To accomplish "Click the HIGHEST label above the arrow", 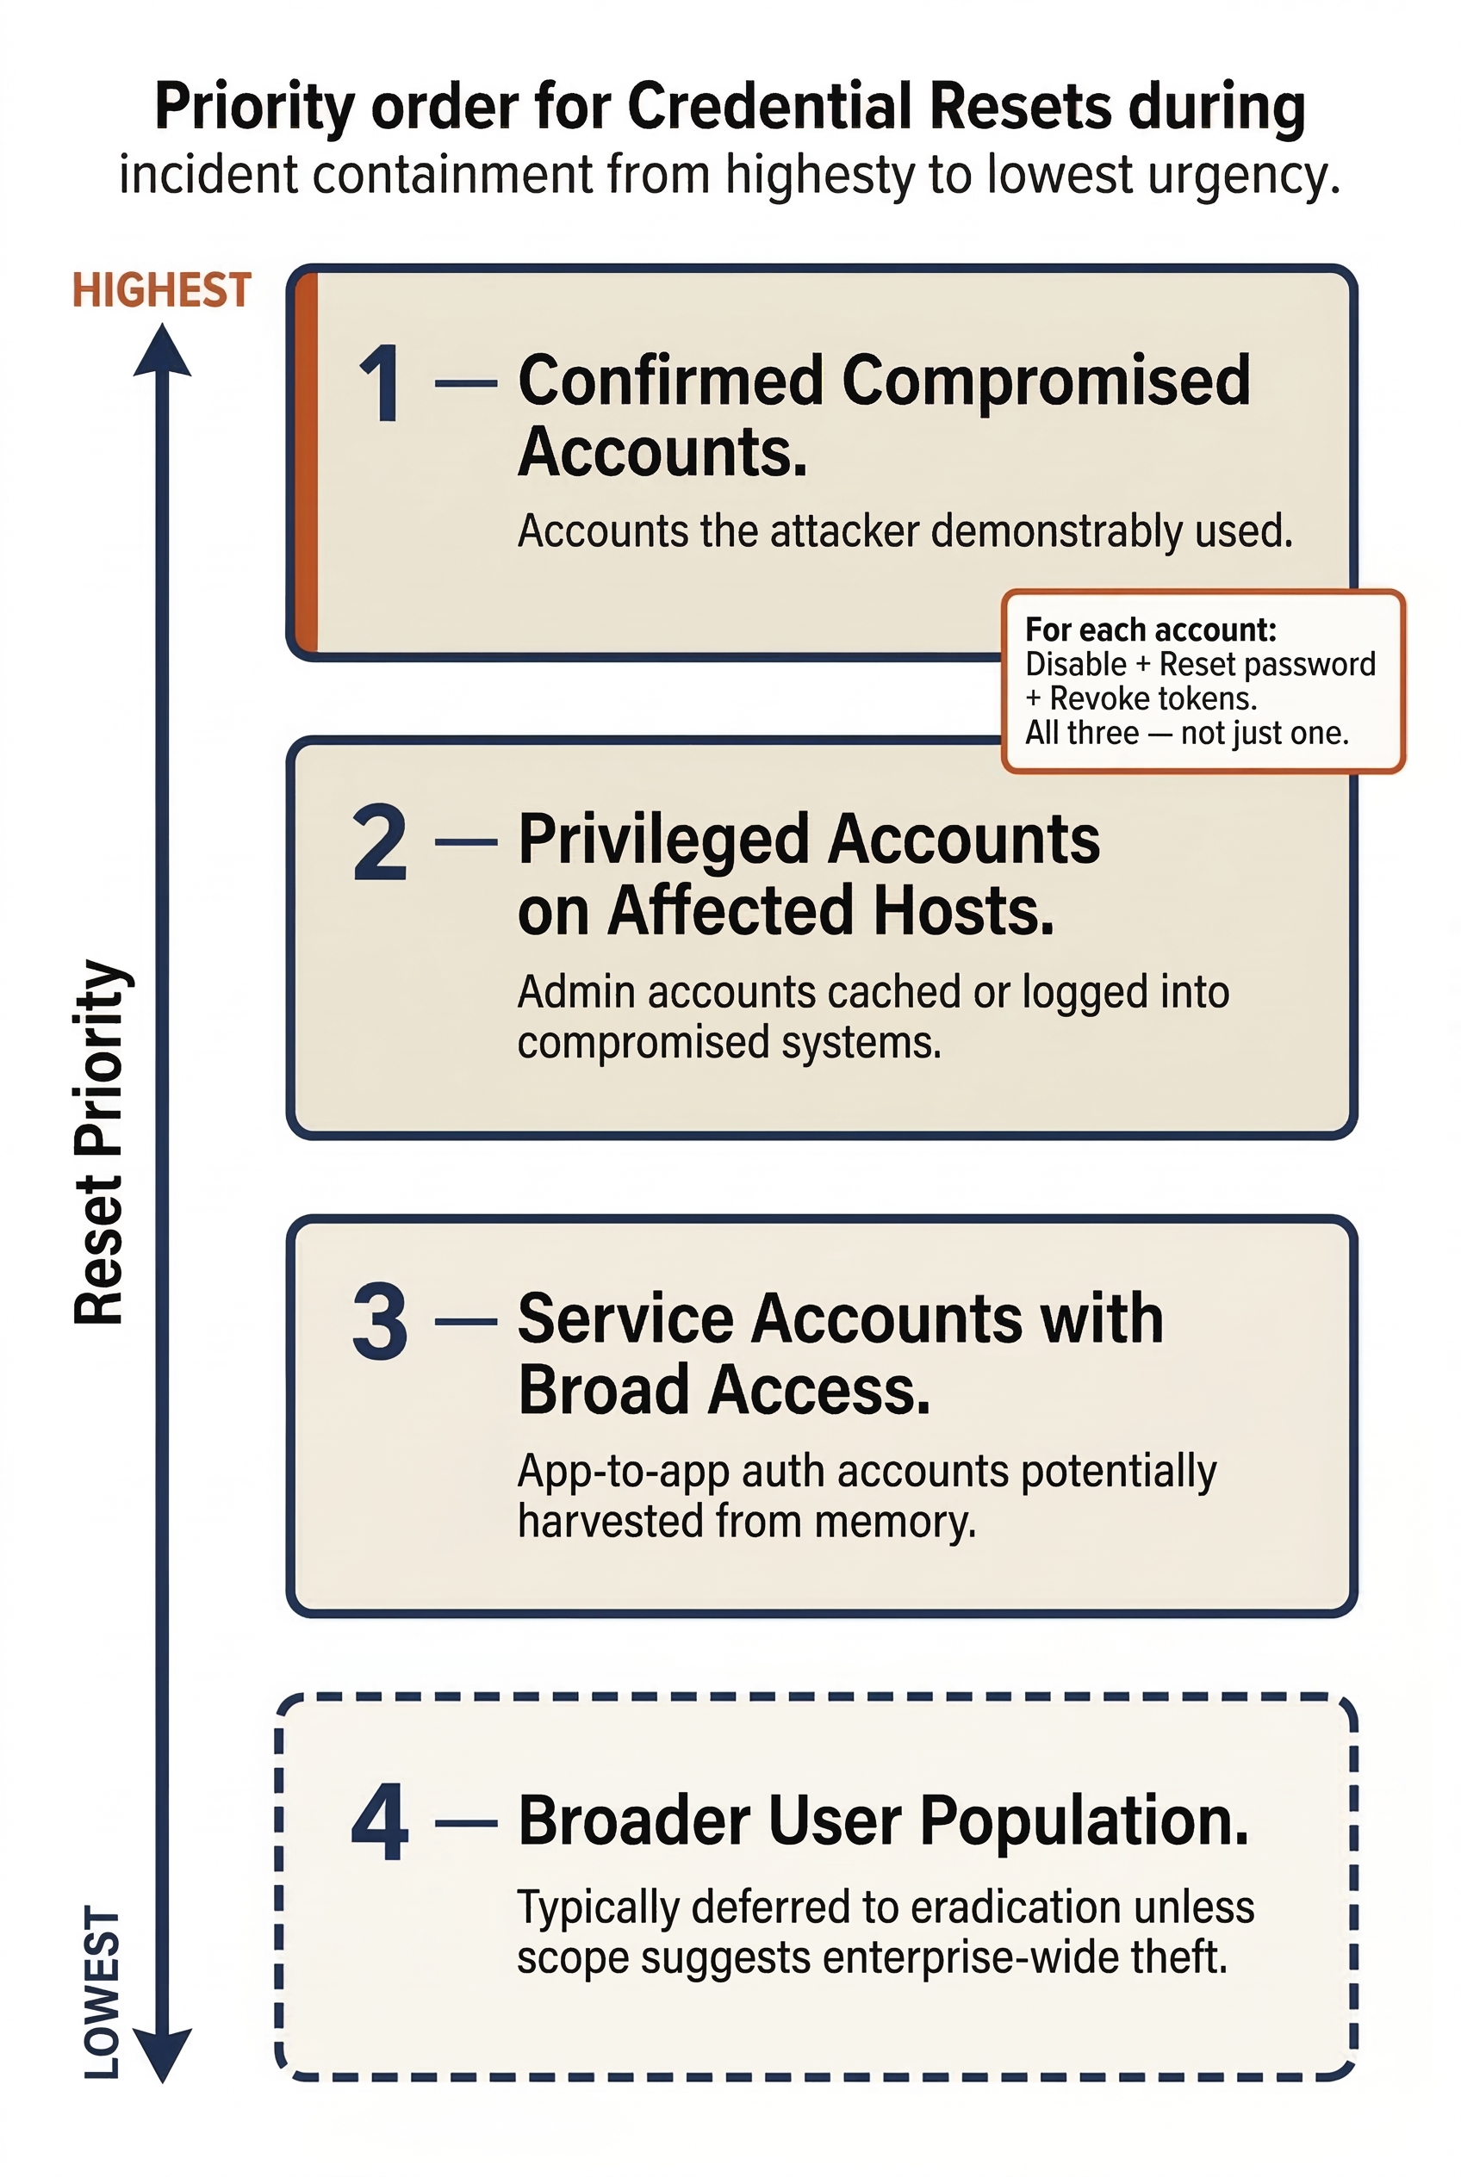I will tap(161, 289).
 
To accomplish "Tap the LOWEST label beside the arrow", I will tap(103, 1992).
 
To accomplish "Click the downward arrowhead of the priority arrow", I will tap(162, 2055).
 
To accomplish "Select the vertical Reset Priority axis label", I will tap(100, 1140).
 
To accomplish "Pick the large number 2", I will tap(380, 843).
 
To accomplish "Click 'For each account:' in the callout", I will tap(1150, 630).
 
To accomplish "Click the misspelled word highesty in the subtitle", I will tap(820, 175).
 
